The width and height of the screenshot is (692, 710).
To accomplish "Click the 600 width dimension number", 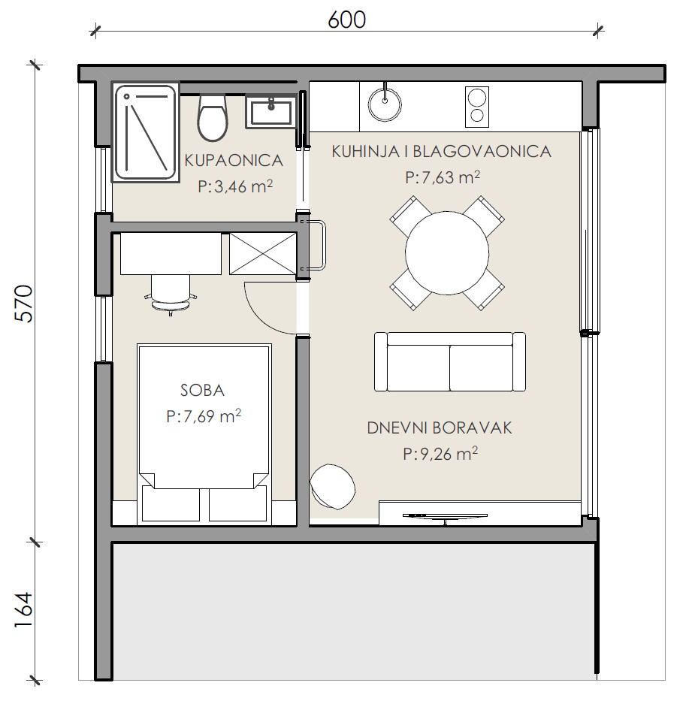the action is [346, 20].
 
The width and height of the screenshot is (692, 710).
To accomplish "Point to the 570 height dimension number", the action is [24, 304].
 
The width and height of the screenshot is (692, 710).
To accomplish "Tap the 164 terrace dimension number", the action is [24, 609].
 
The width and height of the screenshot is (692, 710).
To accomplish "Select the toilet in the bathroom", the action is [213, 117].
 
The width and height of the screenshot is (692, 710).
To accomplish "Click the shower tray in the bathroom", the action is [145, 132].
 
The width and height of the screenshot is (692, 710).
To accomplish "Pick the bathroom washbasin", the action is [270, 112].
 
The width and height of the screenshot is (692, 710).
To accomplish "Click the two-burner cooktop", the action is [477, 107].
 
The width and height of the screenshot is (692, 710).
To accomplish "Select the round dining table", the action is [447, 252].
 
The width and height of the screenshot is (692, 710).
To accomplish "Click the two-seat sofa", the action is [450, 361].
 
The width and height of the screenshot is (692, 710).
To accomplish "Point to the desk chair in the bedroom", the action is [171, 294].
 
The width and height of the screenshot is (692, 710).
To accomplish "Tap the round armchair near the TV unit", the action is [332, 487].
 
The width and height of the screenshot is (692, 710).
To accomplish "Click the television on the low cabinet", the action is [446, 517].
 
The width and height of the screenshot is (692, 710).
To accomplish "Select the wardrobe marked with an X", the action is [263, 254].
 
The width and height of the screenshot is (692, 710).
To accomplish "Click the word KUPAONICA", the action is [234, 160].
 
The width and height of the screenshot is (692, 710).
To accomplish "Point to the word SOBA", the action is [202, 391].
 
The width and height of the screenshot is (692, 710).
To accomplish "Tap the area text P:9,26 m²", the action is [440, 453].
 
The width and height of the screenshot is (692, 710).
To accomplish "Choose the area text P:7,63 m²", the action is [443, 177].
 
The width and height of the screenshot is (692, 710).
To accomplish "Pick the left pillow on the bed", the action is [171, 503].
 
